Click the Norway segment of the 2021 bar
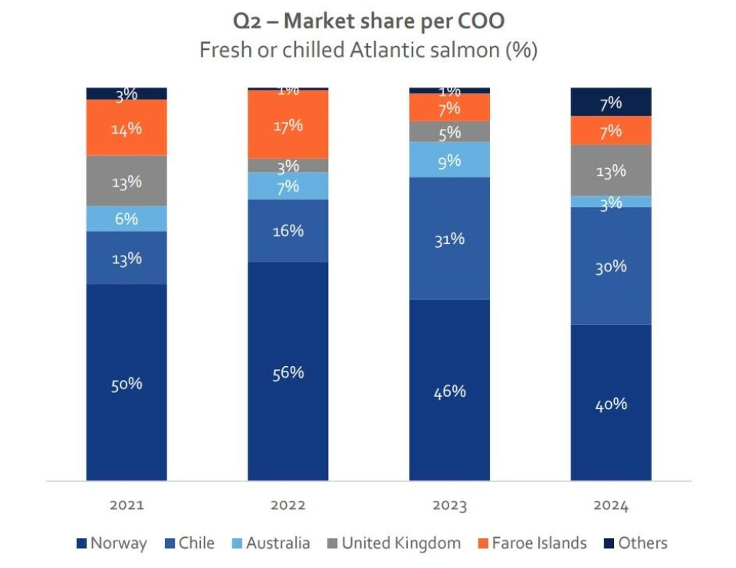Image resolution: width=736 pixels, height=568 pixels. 127,382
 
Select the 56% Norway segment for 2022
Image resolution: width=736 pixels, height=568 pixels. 287,372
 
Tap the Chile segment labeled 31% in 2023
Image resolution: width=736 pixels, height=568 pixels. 449,238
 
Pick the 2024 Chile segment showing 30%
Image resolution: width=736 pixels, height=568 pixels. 610,266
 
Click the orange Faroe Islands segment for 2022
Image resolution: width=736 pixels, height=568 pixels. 287,124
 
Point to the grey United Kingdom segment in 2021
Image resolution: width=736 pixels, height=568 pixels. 127,181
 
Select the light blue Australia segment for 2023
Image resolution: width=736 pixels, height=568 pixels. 449,160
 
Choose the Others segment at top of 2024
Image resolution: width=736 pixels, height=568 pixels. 610,102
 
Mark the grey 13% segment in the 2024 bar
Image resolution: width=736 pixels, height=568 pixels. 610,170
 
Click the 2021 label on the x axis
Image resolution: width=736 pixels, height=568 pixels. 127,505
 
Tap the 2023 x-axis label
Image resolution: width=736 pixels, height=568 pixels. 449,505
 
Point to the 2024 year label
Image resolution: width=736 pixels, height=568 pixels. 610,505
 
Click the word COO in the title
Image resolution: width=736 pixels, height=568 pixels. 481,21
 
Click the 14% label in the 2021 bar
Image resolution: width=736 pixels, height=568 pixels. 127,128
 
